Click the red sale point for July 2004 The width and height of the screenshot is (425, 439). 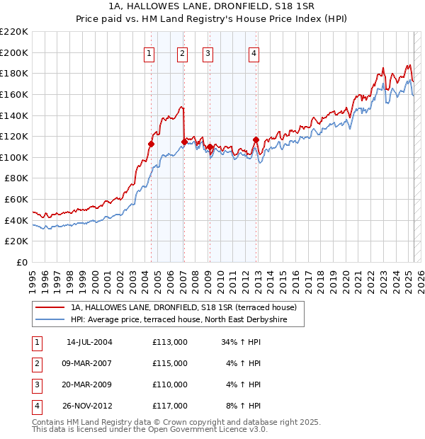click(151, 144)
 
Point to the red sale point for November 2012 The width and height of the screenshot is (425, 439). click(256, 139)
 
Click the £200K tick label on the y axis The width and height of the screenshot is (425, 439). click(14, 52)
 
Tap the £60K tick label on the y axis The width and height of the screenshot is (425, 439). click(16, 200)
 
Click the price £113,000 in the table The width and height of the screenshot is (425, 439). click(170, 342)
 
